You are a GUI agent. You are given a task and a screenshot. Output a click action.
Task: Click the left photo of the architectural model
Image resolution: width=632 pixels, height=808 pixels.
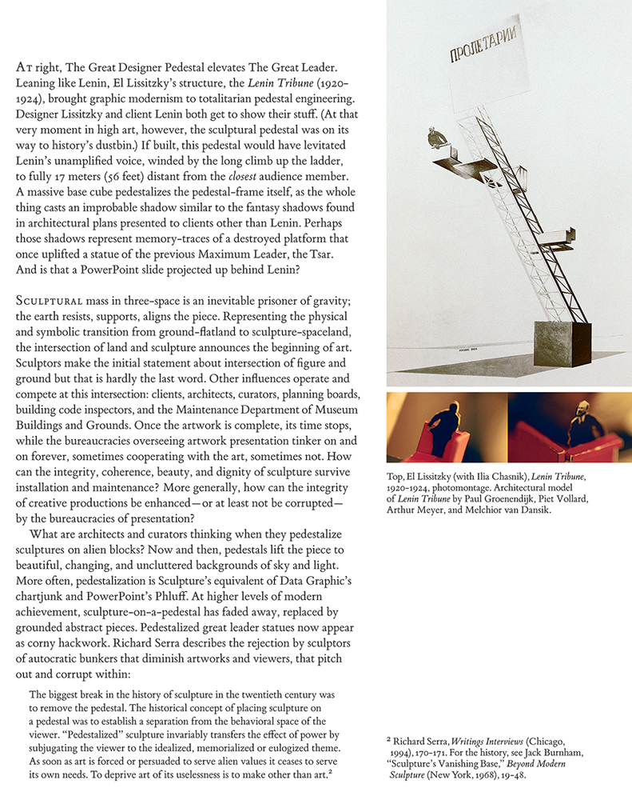[446, 427]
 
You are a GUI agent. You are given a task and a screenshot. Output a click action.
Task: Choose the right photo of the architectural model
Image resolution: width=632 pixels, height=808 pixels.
[569, 427]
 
